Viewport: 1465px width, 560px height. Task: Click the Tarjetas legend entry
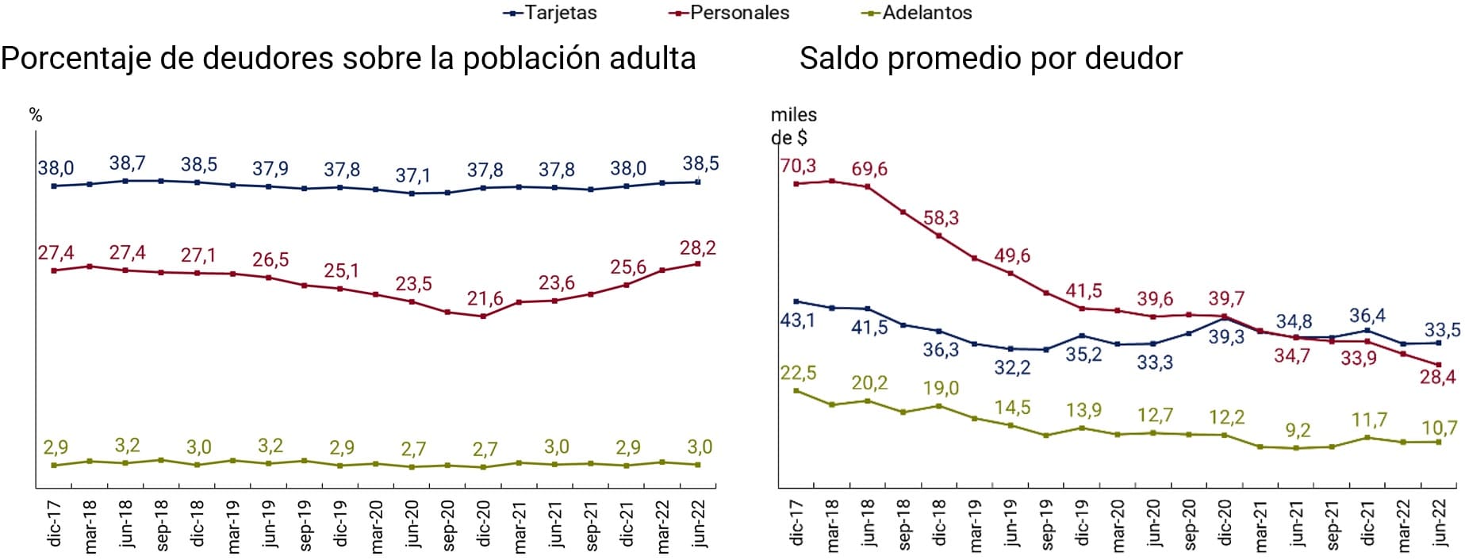550,13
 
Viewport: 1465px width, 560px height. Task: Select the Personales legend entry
729,13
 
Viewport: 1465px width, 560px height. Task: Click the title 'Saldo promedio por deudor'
991,58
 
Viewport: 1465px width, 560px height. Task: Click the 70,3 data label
798,167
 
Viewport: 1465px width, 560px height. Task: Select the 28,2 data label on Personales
698,248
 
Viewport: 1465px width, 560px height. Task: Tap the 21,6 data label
485,298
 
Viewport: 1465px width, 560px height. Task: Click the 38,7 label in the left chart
127,163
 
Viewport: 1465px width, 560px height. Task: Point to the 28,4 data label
1437,378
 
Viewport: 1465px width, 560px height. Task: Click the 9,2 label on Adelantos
1298,431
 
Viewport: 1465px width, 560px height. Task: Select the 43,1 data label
798,320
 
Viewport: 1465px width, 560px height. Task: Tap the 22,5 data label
798,373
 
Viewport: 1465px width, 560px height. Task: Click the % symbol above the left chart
36,116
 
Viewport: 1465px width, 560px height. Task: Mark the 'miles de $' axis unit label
793,126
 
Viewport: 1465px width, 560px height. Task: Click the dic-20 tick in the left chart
483,524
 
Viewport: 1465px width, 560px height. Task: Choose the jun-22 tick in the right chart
1440,524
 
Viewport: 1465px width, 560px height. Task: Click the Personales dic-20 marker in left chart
483,316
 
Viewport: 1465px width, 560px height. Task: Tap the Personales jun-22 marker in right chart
1439,365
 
